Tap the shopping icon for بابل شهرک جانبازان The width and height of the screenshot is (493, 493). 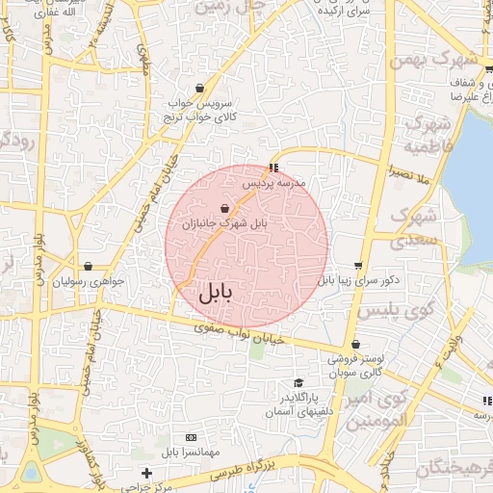tap(224, 208)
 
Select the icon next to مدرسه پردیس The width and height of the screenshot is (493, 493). tap(274, 168)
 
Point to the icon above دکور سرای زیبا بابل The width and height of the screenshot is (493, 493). tap(358, 266)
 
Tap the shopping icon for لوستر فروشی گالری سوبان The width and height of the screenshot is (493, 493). tap(355, 344)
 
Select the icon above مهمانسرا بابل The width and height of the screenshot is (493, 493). tap(190, 437)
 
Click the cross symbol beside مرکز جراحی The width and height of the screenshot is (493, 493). tap(145, 473)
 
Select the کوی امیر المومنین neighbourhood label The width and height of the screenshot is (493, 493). tap(371, 409)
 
